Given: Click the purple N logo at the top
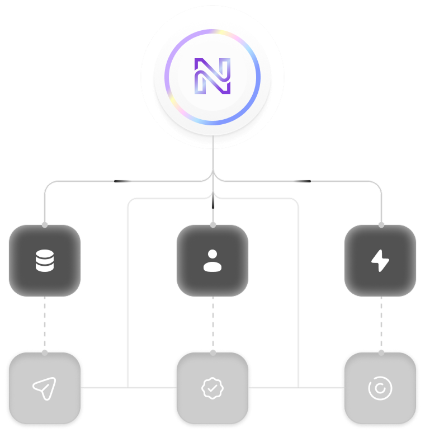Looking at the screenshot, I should [x=212, y=76].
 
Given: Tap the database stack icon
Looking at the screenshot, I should [x=45, y=261].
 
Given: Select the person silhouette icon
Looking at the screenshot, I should [x=212, y=261].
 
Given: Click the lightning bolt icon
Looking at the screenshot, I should [x=380, y=261].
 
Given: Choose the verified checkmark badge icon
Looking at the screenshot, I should [x=212, y=388].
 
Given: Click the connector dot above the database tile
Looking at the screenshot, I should [x=45, y=224].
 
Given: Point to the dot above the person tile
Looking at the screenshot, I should [x=212, y=224].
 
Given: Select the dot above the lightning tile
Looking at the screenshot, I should [x=381, y=224].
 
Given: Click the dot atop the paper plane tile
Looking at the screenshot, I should [x=45, y=352].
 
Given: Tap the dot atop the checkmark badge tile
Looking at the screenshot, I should [x=212, y=352].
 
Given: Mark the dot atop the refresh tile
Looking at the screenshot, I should [x=381, y=352].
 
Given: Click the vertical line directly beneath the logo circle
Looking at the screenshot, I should [x=212, y=159].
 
